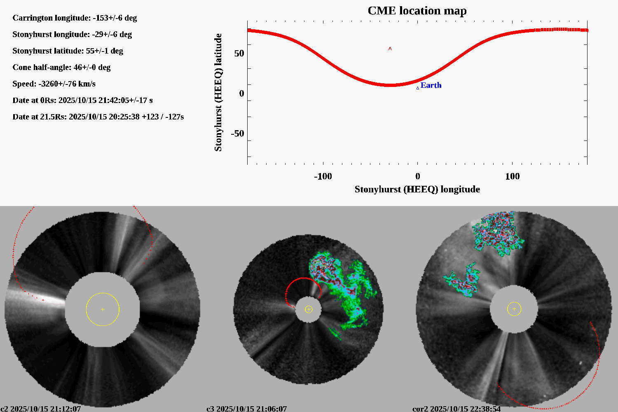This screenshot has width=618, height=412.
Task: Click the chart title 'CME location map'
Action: tap(417, 11)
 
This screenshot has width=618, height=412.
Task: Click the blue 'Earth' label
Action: tap(431, 85)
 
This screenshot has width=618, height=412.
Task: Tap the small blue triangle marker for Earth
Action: tap(417, 88)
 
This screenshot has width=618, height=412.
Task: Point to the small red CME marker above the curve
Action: tap(390, 49)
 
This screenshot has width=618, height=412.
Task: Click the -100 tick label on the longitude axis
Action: tap(323, 176)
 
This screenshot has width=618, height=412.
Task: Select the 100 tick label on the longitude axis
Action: tap(512, 176)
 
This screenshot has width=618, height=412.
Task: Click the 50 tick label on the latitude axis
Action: tap(239, 54)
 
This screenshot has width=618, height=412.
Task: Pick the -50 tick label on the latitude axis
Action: tap(237, 133)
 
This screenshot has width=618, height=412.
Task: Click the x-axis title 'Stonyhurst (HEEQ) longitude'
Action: tap(417, 190)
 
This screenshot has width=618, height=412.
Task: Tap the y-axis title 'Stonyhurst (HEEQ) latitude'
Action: tap(218, 92)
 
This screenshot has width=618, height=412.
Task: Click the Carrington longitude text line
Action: tap(75, 18)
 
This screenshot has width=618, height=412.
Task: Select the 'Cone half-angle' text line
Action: tap(61, 68)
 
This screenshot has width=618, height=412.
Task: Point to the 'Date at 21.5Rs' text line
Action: tap(98, 117)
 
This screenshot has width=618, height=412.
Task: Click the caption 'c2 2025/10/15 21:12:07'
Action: tap(41, 409)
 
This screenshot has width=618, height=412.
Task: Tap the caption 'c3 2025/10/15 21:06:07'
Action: tap(246, 409)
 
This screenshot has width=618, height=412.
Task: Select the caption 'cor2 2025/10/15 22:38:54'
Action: tap(456, 409)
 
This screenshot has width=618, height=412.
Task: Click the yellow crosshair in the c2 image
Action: tap(103, 309)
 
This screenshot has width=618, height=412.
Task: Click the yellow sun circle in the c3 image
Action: tap(309, 309)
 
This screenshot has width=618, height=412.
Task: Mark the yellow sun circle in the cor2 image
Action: tap(514, 309)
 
